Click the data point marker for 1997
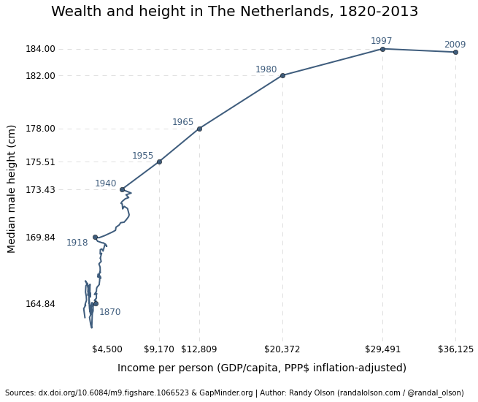pyautogui.click(x=382, y=49)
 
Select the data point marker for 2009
pyautogui.click(x=455, y=52)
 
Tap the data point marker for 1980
pyautogui.click(x=282, y=75)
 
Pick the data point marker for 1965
pyautogui.click(x=199, y=129)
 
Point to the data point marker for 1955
pyautogui.click(x=159, y=162)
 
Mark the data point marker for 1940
pyautogui.click(x=122, y=189)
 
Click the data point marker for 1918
pyautogui.click(x=95, y=237)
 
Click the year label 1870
pyautogui.click(x=109, y=312)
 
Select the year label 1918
pyautogui.click(x=77, y=243)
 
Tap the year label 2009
pyautogui.click(x=455, y=45)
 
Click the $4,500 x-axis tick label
pyautogui.click(x=108, y=349)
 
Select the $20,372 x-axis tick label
pyautogui.click(x=282, y=349)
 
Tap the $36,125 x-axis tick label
pyautogui.click(x=455, y=349)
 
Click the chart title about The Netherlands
pyautogui.click(x=234, y=12)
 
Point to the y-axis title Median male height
pyautogui.click(x=12, y=189)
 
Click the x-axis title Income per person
pyautogui.click(x=261, y=368)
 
